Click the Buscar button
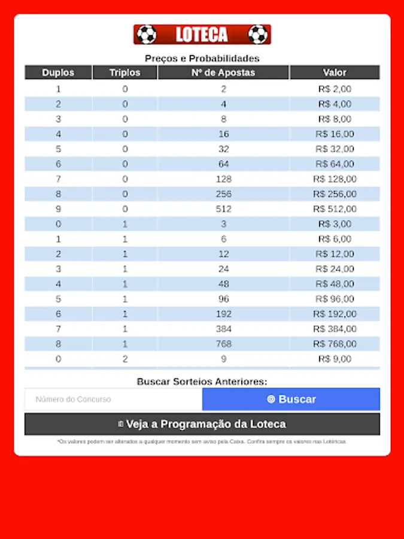coord(291,399)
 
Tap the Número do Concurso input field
coord(113,399)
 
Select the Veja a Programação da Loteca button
coord(202,424)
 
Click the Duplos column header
coord(58,72)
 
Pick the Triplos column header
coord(124,72)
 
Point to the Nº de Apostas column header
coord(223,72)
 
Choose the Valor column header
coord(335,72)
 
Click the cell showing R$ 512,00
coord(335,209)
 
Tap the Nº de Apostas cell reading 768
coord(223,344)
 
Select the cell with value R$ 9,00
coord(335,359)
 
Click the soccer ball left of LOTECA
coord(146,35)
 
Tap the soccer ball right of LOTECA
coord(258,35)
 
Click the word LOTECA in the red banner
coord(202,35)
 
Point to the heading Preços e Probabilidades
coord(202,59)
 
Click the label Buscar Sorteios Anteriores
coord(202,381)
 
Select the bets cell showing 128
coord(223,179)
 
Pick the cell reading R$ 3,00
coord(335,224)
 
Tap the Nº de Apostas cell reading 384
coord(223,329)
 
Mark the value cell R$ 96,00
coord(335,299)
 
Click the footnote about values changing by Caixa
coord(202,442)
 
